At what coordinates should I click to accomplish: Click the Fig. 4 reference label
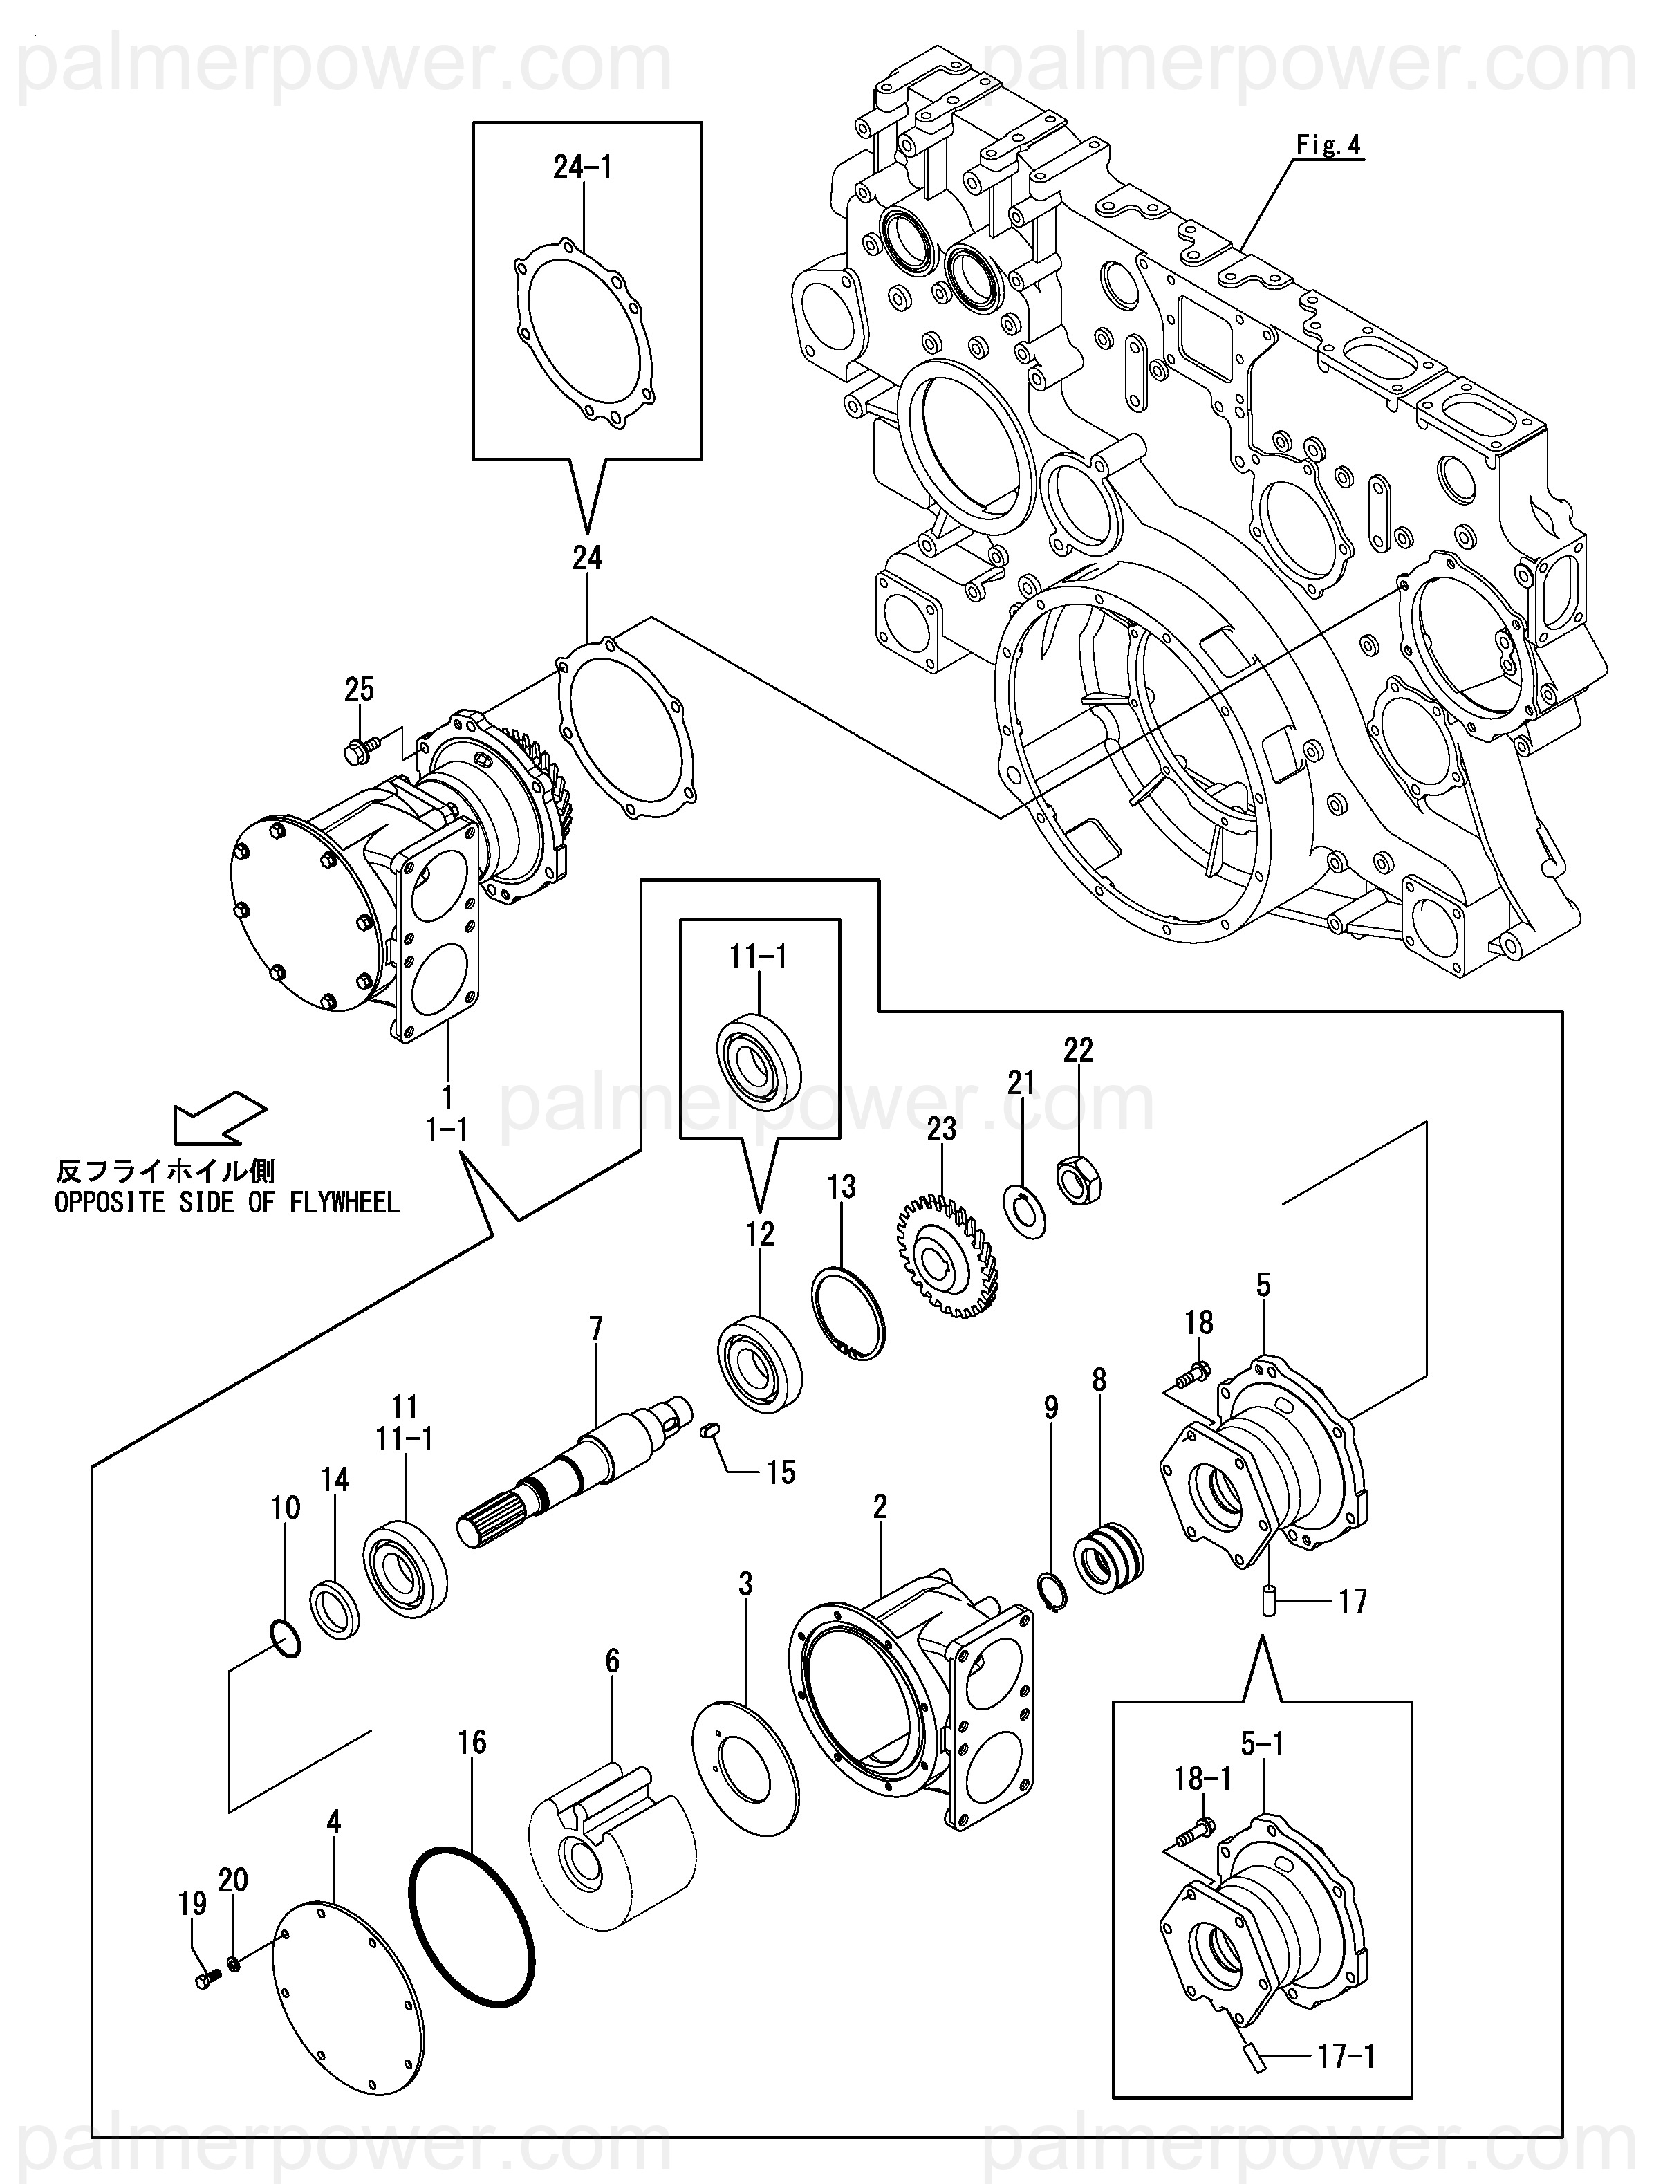pyautogui.click(x=1328, y=145)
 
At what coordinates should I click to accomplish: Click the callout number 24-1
pyautogui.click(x=583, y=168)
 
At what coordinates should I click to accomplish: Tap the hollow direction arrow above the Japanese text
pyautogui.click(x=219, y=1119)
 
